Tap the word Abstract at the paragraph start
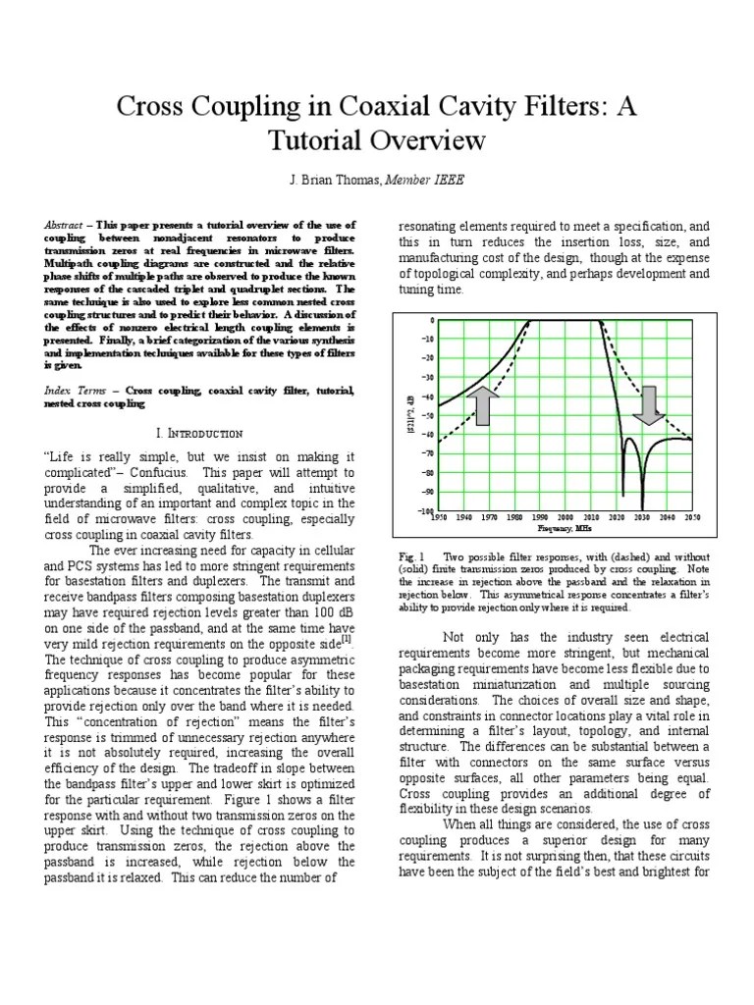tap(64, 226)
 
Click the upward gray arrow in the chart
tap(483, 405)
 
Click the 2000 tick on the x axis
tap(565, 517)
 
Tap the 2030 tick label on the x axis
tap(641, 517)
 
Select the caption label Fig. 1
tap(410, 556)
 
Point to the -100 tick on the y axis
tap(423, 510)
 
